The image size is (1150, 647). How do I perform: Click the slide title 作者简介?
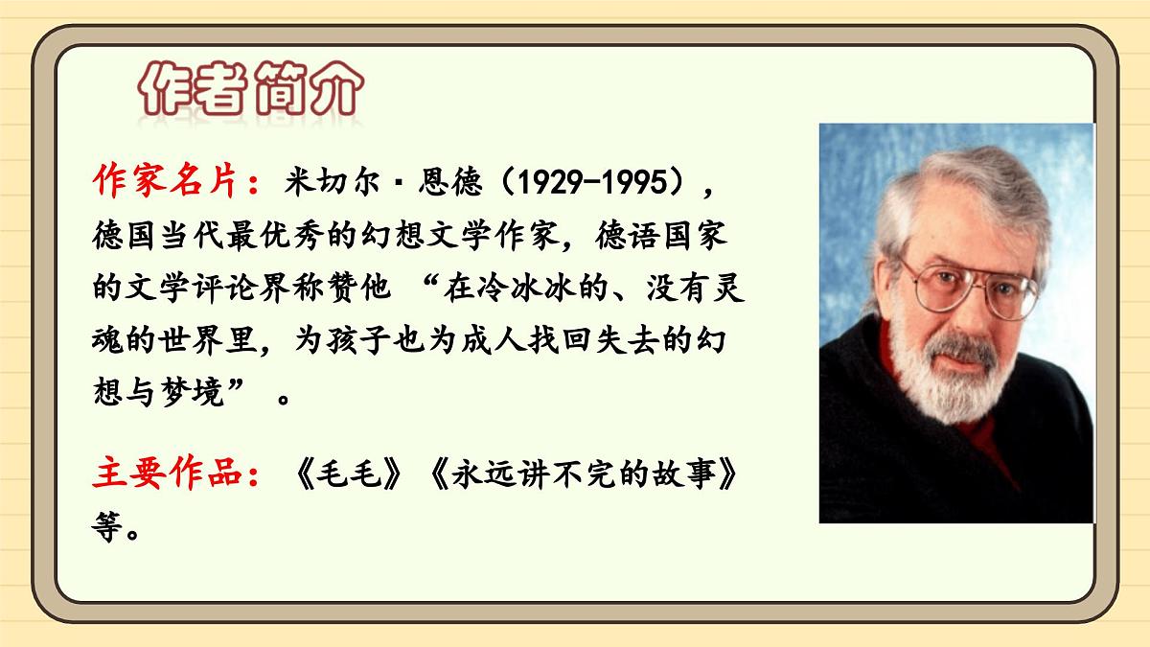click(251, 94)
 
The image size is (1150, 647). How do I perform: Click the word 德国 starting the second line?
click(121, 234)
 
